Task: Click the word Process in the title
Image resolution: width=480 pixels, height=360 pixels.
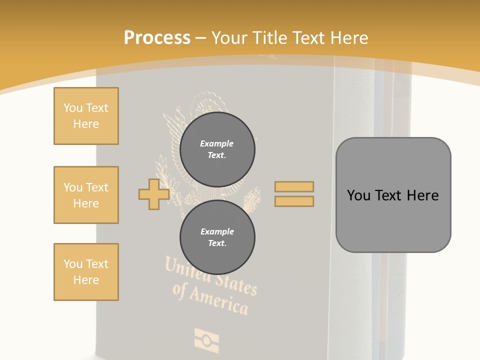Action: [157, 38]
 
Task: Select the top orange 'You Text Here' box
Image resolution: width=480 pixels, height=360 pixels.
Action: [86, 116]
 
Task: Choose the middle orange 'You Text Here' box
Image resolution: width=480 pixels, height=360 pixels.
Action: [86, 195]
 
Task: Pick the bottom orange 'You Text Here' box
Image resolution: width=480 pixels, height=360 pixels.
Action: [86, 272]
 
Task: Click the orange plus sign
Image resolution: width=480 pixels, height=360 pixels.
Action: [154, 194]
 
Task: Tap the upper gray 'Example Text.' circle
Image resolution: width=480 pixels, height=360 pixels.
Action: [217, 149]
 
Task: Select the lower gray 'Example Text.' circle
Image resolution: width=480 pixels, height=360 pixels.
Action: [217, 237]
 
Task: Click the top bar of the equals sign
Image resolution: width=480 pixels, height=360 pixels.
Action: [294, 186]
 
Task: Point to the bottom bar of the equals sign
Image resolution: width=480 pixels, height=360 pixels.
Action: [294, 201]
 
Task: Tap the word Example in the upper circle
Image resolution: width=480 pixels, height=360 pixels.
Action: [217, 143]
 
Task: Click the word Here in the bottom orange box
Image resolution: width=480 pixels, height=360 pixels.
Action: [86, 280]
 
